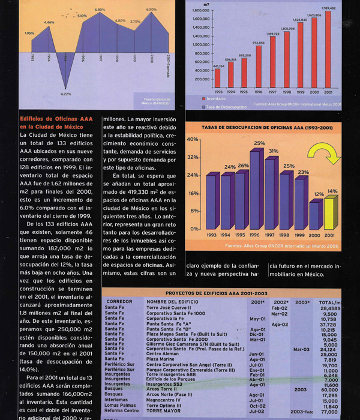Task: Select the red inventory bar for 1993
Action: (217, 78)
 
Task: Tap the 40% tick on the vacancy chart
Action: (193, 139)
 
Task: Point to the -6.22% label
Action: (65, 94)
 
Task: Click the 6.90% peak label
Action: (151, 9)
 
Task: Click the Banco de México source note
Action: (157, 100)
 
